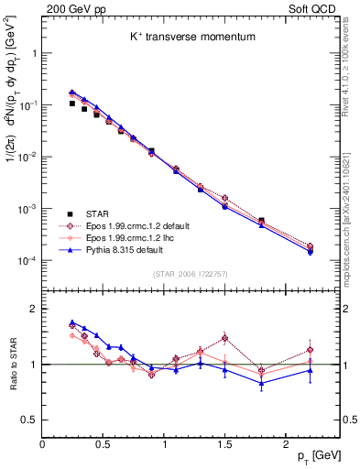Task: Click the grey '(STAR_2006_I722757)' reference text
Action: pyautogui.click(x=190, y=274)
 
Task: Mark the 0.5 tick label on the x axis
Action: pyautogui.click(x=103, y=444)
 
